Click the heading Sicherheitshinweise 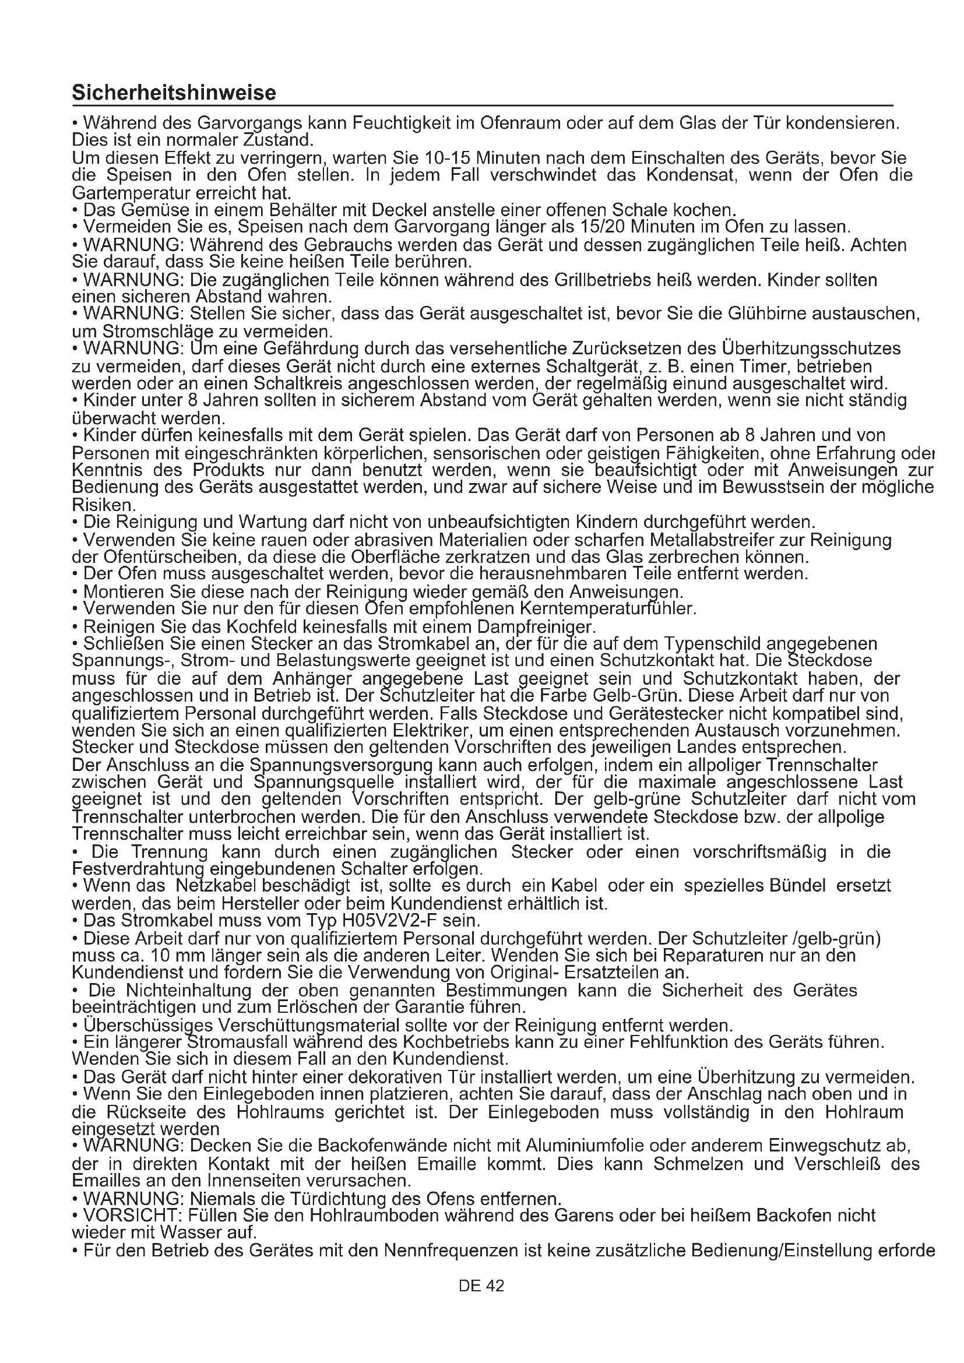click(174, 93)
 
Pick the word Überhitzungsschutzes click(811, 348)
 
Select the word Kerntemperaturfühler click(608, 609)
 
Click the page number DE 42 click(481, 1286)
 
